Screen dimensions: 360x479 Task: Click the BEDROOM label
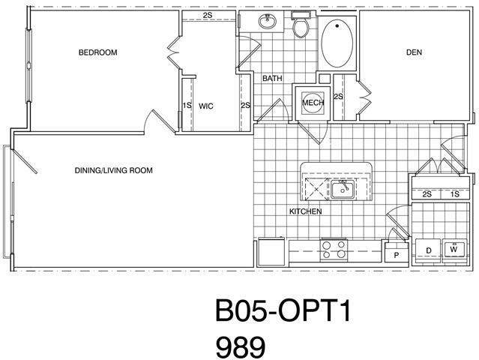[98, 52]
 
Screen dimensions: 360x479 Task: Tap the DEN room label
[414, 52]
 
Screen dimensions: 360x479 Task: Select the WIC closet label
[206, 106]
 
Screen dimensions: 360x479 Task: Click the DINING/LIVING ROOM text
[114, 170]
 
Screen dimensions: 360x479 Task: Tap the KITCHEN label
[305, 211]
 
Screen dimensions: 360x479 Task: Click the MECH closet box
[311, 103]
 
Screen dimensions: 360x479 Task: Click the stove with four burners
[334, 249]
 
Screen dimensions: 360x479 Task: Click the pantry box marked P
[395, 254]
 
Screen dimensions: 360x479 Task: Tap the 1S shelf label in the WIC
[187, 106]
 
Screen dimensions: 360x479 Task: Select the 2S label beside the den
[338, 97]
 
